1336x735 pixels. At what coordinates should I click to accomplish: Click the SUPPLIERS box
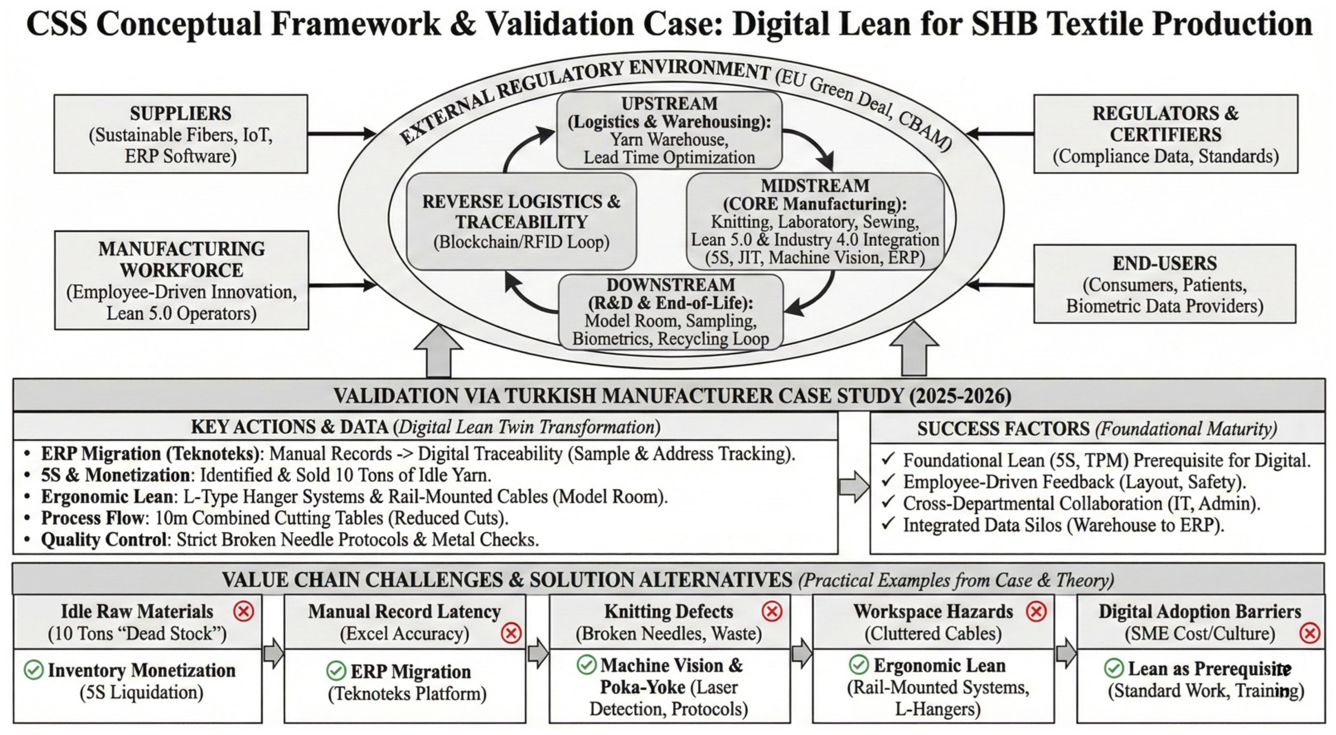pos(181,134)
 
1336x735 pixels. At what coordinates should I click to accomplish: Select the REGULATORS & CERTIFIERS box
pos(1165,134)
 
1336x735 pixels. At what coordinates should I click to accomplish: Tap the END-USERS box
pos(1164,284)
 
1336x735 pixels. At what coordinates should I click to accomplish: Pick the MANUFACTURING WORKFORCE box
pos(182,280)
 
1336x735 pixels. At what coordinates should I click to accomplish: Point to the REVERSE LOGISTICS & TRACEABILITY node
pos(521,222)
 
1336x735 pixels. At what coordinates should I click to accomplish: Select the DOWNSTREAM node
pos(671,312)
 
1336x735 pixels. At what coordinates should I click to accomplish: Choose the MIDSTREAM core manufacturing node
pos(815,222)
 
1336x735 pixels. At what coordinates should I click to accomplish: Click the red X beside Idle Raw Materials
pos(244,612)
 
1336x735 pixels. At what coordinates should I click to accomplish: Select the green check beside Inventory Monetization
pos(34,670)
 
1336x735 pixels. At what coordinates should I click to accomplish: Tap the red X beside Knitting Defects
pos(772,612)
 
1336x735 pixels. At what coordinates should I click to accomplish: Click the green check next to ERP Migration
pos(336,671)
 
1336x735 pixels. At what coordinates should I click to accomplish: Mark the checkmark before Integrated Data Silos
pos(888,524)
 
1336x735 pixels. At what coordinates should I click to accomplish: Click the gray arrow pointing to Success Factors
pos(854,486)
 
